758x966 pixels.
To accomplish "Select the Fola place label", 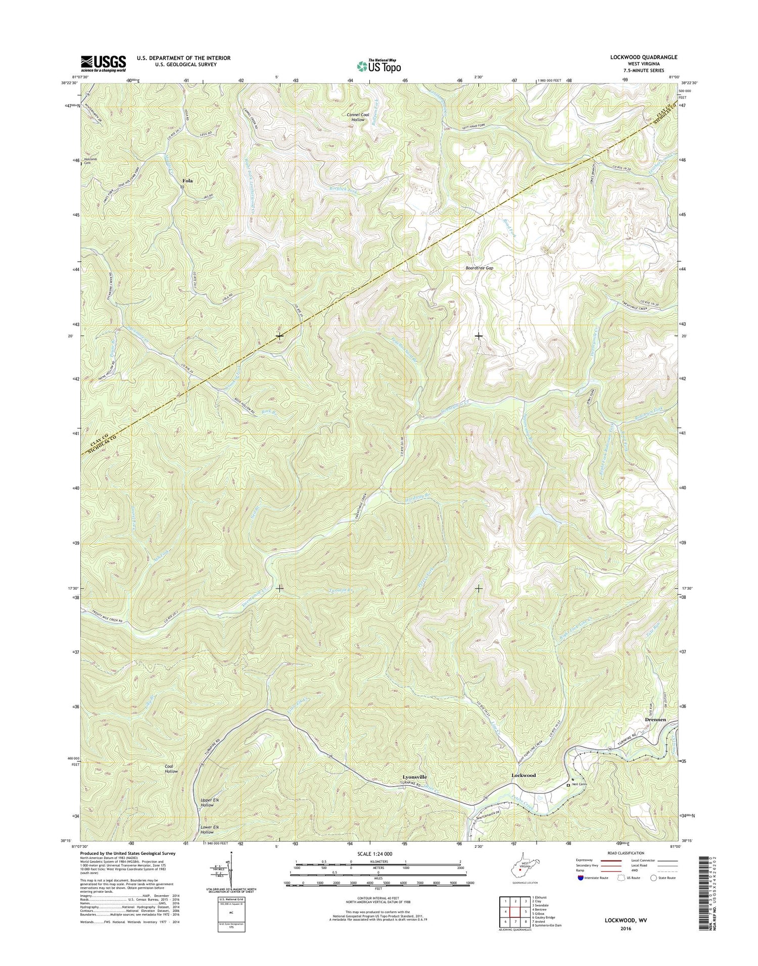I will point(187,180).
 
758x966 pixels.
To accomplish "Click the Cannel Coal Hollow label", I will point(358,117).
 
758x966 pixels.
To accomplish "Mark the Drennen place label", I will point(655,719).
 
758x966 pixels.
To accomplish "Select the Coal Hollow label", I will point(171,769).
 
